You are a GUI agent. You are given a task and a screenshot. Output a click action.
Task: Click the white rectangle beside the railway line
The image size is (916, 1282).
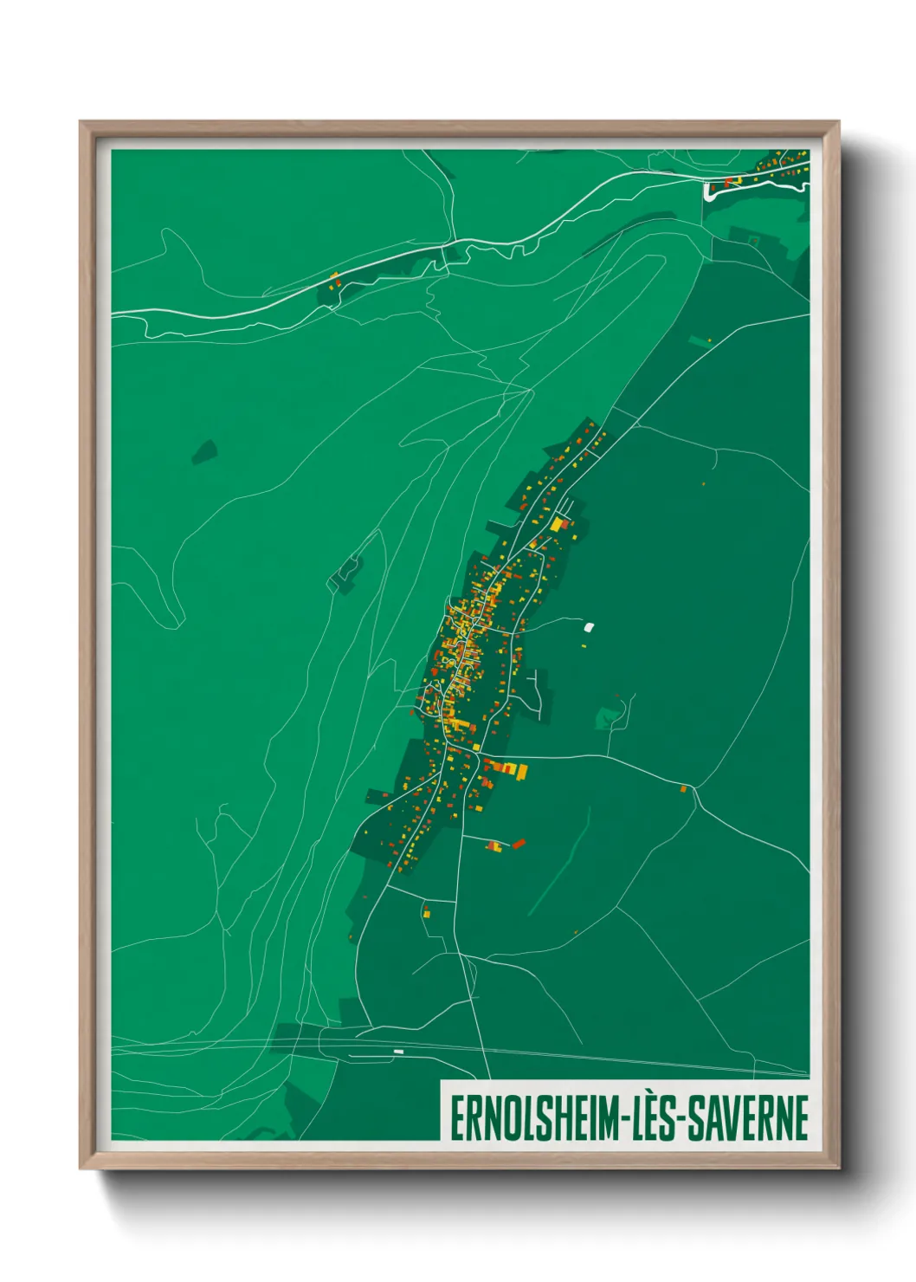pos(398,1052)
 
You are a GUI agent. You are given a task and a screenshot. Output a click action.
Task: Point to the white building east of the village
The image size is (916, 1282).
pos(590,626)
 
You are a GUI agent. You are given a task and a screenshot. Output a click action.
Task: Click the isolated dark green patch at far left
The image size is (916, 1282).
pos(204,451)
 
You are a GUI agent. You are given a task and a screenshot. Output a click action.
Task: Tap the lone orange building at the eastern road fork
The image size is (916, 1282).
pos(683,788)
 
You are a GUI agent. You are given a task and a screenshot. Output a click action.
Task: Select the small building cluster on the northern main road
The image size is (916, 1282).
pos(334,279)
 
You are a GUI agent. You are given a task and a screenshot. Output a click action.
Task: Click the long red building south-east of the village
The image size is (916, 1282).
pos(519,843)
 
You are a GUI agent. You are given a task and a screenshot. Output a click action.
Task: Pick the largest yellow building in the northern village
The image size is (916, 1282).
pos(557,524)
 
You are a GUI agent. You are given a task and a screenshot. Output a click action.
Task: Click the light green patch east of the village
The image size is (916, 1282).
pos(609,717)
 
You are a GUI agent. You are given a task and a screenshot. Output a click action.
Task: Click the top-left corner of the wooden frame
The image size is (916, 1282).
pos(81,123)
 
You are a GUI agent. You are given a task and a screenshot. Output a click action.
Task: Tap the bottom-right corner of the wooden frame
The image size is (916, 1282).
pos(838,1168)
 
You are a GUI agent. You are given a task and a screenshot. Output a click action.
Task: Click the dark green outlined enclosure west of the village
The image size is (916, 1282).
pos(347,572)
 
